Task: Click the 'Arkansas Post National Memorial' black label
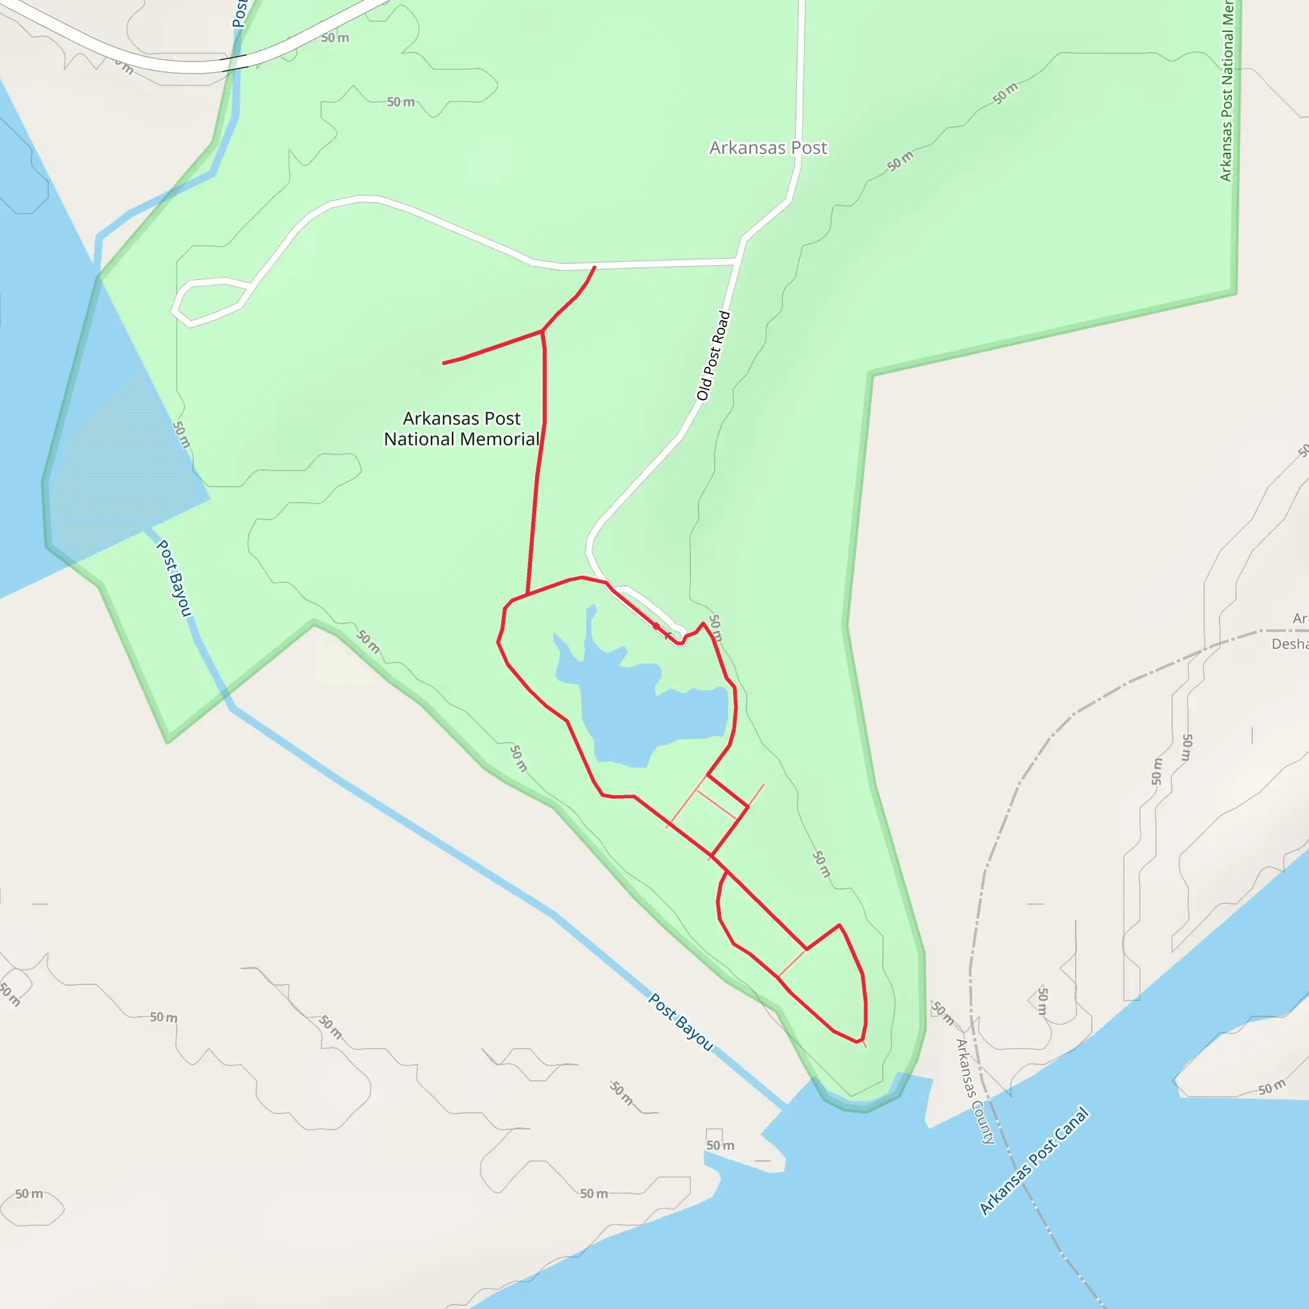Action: click(461, 429)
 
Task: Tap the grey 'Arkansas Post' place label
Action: click(768, 148)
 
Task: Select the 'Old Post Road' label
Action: click(713, 356)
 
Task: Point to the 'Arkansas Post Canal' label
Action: click(1034, 1161)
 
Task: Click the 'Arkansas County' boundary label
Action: click(974, 1091)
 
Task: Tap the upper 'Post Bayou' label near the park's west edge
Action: click(174, 578)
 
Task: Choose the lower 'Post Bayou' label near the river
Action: click(680, 1022)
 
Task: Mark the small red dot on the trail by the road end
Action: click(656, 626)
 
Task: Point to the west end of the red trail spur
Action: click(444, 364)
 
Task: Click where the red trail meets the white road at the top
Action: click(594, 267)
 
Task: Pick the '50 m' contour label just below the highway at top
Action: click(335, 38)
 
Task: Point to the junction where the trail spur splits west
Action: click(542, 331)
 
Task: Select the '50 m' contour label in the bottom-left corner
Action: click(29, 1194)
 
